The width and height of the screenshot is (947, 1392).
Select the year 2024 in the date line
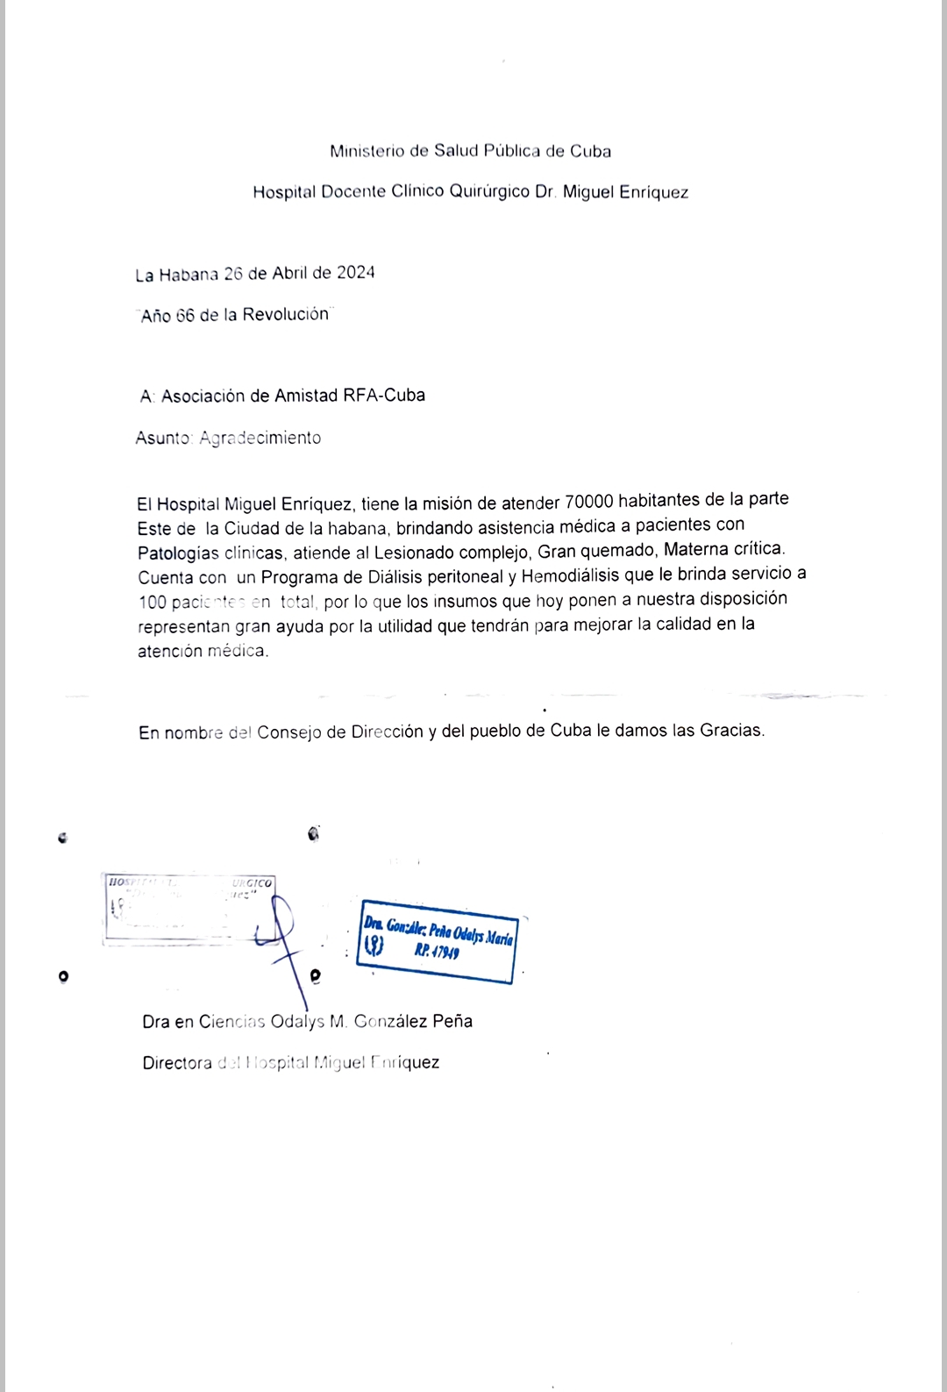[355, 273]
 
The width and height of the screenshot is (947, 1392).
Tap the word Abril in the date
[289, 273]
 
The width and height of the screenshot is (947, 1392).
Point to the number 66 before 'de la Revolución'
[185, 316]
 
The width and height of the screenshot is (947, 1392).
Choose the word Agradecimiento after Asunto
[260, 438]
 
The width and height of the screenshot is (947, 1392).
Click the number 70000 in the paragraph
[588, 502]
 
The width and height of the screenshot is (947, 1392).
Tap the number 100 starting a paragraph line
[153, 603]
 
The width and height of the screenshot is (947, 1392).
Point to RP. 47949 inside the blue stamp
[437, 951]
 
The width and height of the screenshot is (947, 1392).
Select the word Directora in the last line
[177, 1063]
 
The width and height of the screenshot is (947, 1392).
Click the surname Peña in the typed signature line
[452, 1021]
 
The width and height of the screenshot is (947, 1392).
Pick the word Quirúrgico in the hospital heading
[489, 191]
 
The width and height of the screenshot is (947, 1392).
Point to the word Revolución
[285, 314]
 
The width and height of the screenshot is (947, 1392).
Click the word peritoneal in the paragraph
[466, 576]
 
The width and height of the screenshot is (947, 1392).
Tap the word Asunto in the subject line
[163, 438]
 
